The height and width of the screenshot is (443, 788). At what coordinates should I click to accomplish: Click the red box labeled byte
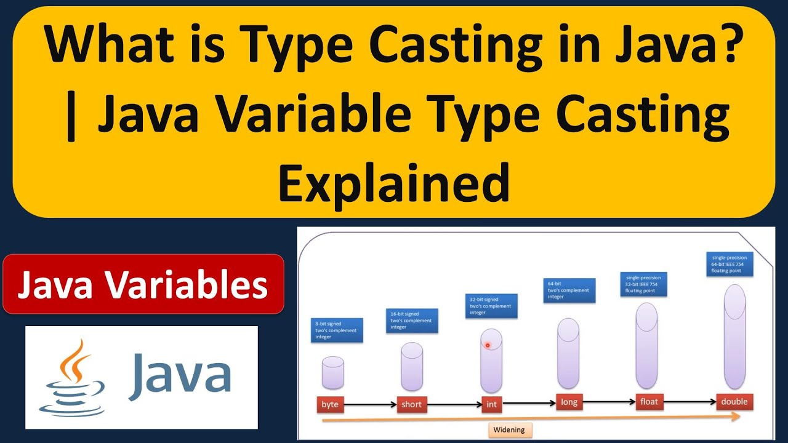click(x=330, y=405)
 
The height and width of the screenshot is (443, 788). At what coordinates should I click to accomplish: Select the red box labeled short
click(x=411, y=404)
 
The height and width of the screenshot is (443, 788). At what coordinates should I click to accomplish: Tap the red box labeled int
click(x=491, y=404)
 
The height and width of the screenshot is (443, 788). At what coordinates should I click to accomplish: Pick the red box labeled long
click(x=569, y=402)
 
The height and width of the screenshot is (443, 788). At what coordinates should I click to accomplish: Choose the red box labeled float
click(x=649, y=402)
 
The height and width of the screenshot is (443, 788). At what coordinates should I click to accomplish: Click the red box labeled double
click(x=734, y=402)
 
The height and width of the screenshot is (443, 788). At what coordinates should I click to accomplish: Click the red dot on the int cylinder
click(x=488, y=345)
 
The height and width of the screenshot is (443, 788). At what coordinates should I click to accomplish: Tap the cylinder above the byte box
click(x=332, y=373)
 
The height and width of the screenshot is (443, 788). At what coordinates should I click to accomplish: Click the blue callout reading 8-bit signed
click(x=336, y=330)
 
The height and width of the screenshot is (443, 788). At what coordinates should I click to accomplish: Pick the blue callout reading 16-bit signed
click(x=412, y=321)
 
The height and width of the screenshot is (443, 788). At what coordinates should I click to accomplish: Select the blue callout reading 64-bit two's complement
click(x=569, y=290)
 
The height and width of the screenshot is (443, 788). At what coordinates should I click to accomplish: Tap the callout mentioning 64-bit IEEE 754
click(x=731, y=264)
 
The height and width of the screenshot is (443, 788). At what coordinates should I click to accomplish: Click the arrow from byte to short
click(x=370, y=405)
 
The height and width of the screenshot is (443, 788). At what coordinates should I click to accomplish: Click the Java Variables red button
click(x=143, y=285)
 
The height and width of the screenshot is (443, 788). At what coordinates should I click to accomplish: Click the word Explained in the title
click(x=394, y=183)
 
